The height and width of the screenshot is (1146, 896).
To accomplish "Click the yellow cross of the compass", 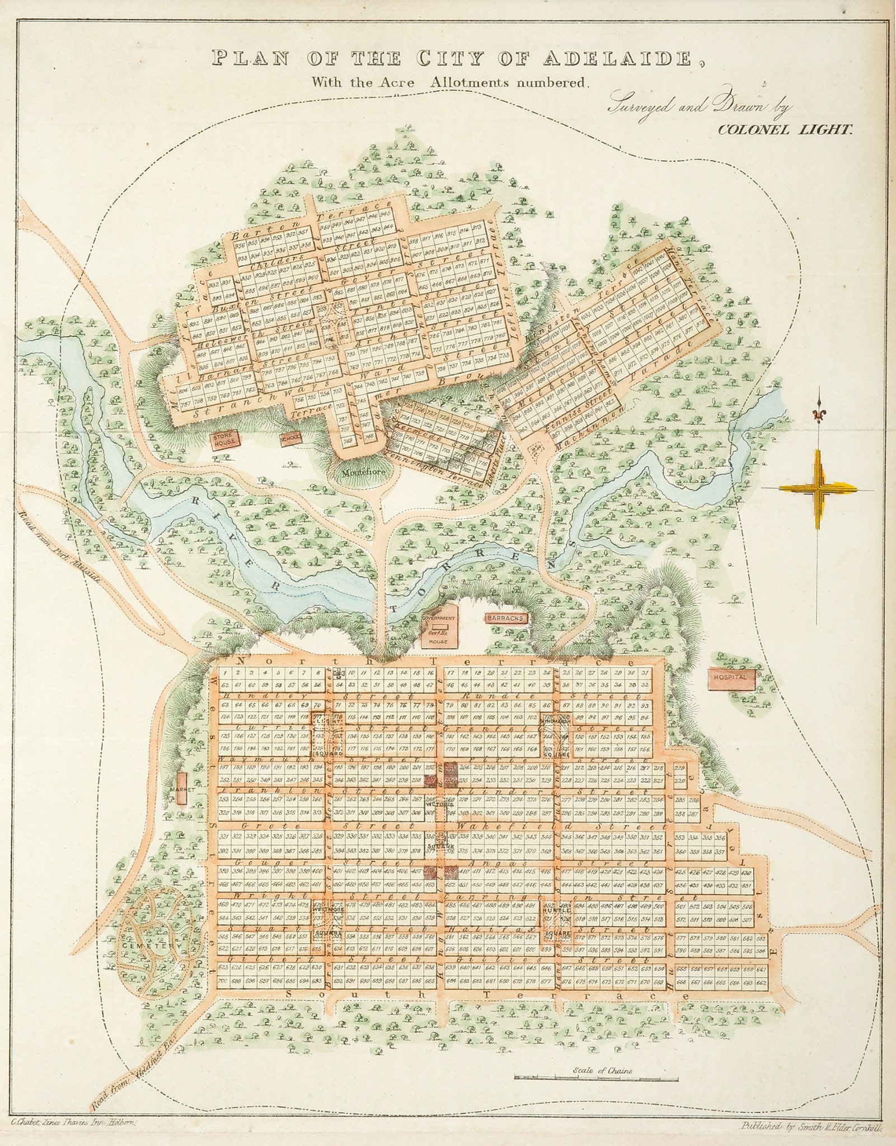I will point(819,488).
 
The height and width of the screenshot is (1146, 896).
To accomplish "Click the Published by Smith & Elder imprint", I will point(810,1125).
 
